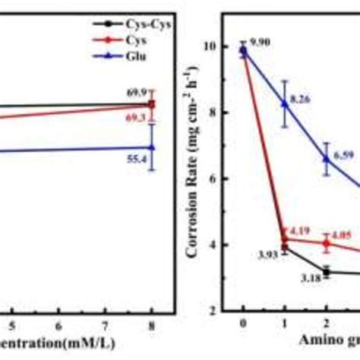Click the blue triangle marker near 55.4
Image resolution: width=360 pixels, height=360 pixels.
click(x=152, y=147)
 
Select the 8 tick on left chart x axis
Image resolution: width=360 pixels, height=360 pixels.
click(x=152, y=323)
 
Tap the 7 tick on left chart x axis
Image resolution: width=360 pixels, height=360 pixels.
click(x=106, y=323)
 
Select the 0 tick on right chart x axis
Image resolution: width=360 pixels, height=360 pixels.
click(x=243, y=323)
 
